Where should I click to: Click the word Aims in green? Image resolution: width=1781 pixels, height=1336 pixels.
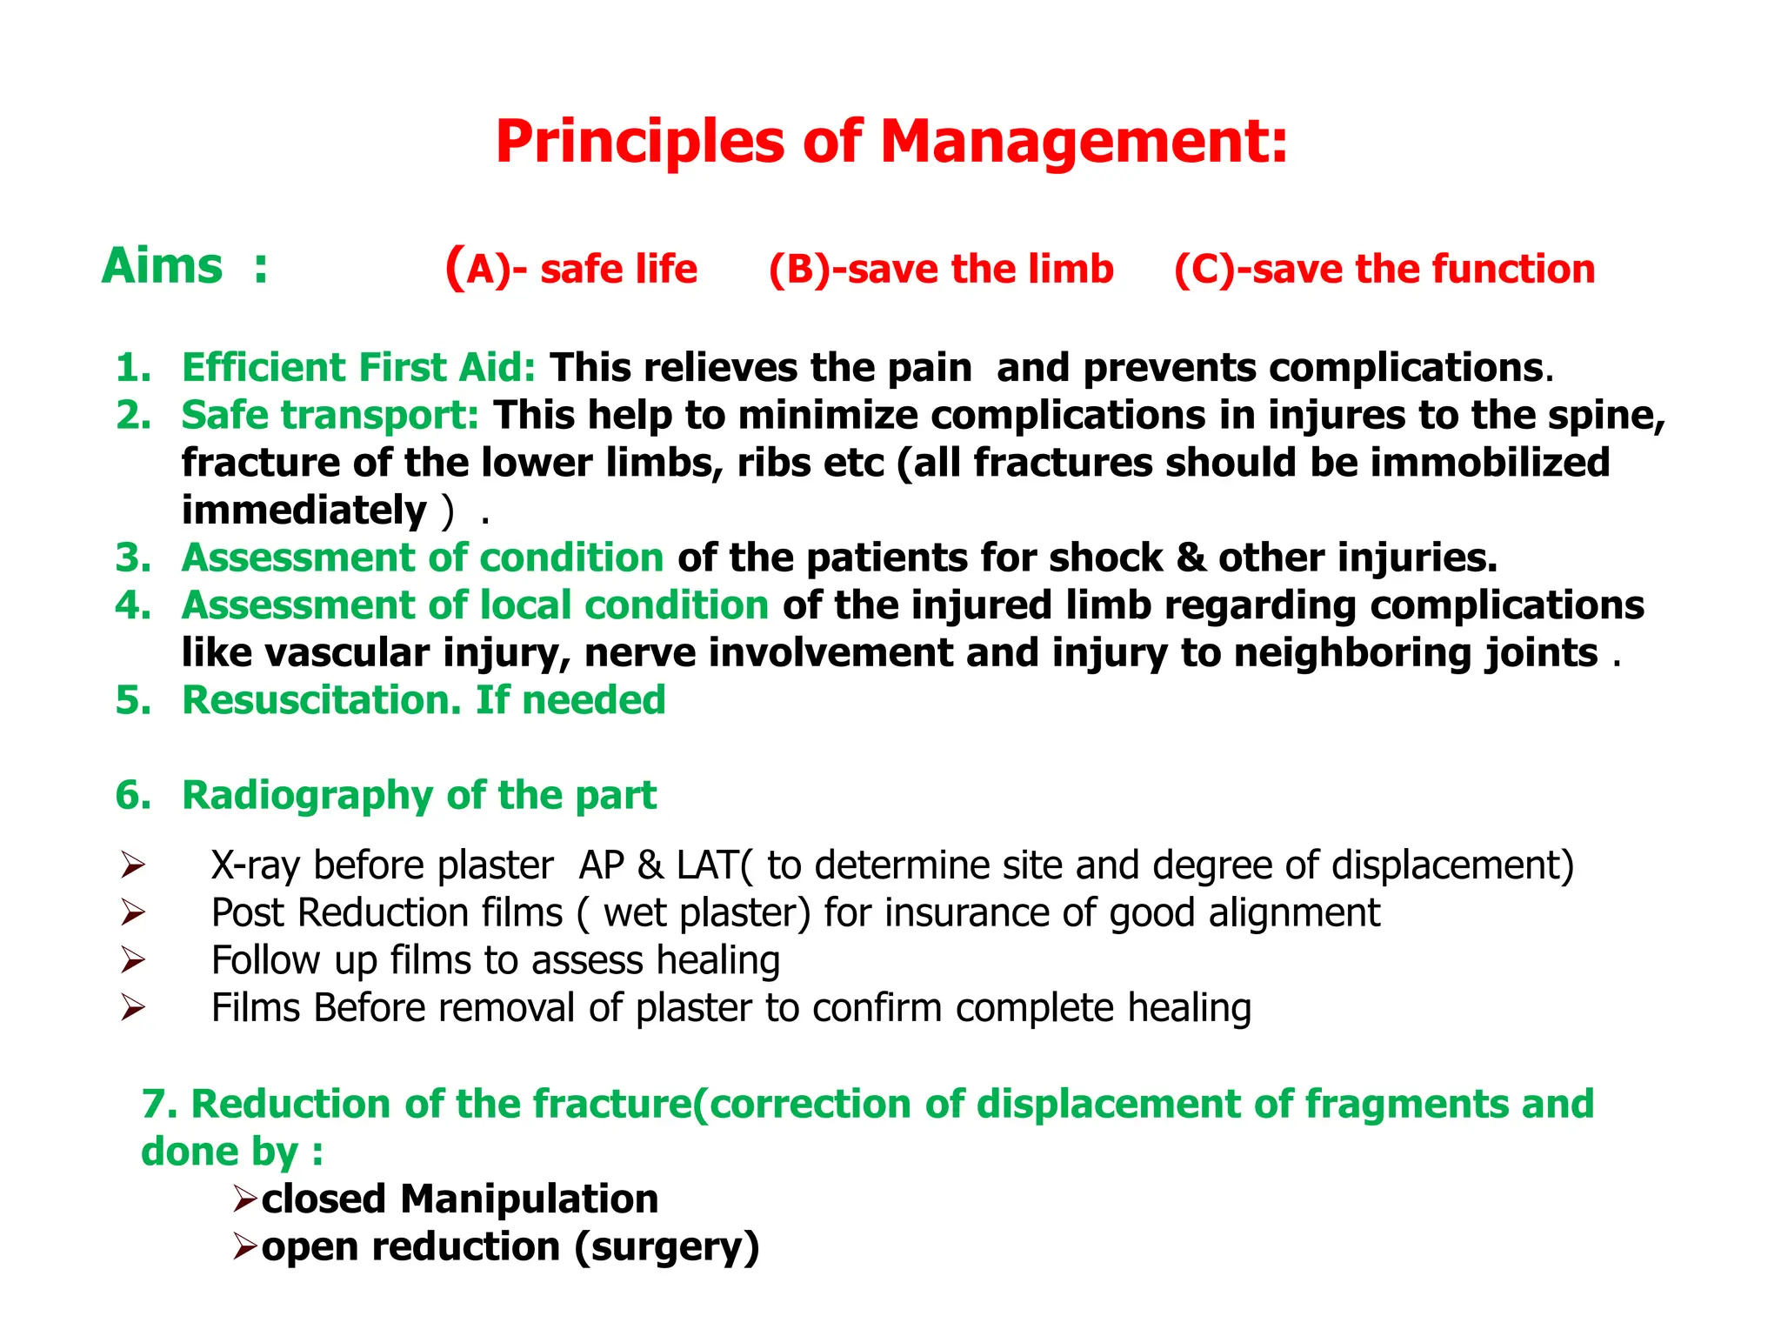(163, 266)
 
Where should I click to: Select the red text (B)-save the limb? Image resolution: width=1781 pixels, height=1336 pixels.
(941, 269)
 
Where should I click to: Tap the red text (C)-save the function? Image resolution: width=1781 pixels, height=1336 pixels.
(1384, 269)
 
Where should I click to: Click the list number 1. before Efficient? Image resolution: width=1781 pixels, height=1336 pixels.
(133, 368)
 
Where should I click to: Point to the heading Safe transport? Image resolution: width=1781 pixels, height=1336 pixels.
(330, 415)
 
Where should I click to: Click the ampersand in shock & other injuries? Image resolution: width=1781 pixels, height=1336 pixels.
(1190, 558)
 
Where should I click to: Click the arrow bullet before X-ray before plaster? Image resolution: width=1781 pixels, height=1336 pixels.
(132, 865)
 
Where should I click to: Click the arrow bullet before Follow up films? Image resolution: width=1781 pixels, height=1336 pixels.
(132, 960)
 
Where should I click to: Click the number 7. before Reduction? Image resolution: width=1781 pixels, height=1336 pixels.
(160, 1104)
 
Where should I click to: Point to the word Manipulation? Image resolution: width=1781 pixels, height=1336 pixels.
(529, 1199)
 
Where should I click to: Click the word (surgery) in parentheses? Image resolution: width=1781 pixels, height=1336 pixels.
(667, 1247)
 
